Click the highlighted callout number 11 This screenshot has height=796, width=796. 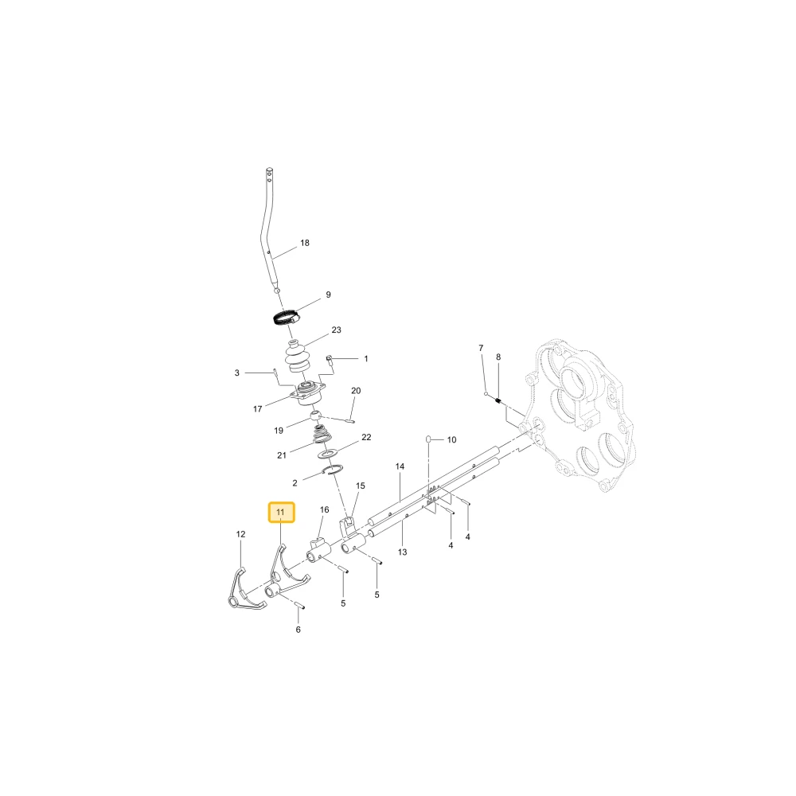(x=281, y=512)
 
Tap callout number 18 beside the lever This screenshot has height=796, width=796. (x=305, y=243)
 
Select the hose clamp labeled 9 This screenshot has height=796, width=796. (x=285, y=318)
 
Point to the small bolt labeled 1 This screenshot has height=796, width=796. (x=329, y=360)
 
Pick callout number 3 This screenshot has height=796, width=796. (x=236, y=373)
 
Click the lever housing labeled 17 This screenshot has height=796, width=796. (x=308, y=395)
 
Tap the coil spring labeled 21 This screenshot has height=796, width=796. (x=322, y=435)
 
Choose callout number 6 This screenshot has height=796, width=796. (x=298, y=630)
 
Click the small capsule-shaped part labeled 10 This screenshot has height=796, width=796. (x=428, y=439)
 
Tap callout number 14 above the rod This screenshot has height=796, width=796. (x=400, y=466)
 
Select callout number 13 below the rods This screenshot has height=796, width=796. (x=403, y=552)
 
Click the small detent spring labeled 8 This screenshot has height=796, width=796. (x=498, y=401)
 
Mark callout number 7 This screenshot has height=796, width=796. (x=481, y=348)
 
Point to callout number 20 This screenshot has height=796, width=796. (x=356, y=390)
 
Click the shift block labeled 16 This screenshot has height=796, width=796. (x=318, y=549)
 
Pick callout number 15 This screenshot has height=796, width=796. (x=361, y=486)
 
